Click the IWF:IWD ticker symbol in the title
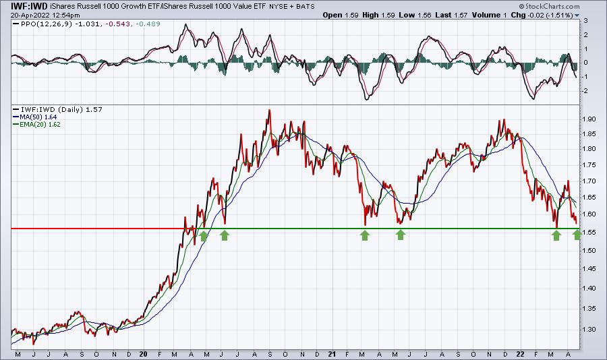pyautogui.click(x=24, y=6)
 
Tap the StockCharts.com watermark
pyautogui.click(x=549, y=6)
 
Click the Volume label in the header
pyautogui.click(x=486, y=15)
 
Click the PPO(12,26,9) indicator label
pyautogui.click(x=46, y=24)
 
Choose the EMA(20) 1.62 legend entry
pyautogui.click(x=40, y=124)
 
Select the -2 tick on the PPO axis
pyautogui.click(x=585, y=91)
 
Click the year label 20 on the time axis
pyautogui.click(x=143, y=354)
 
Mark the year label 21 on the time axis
pyautogui.click(x=332, y=354)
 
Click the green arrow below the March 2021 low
pyautogui.click(x=365, y=235)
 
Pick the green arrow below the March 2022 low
pyautogui.click(x=556, y=235)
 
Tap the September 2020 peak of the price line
pyautogui.click(x=269, y=111)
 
